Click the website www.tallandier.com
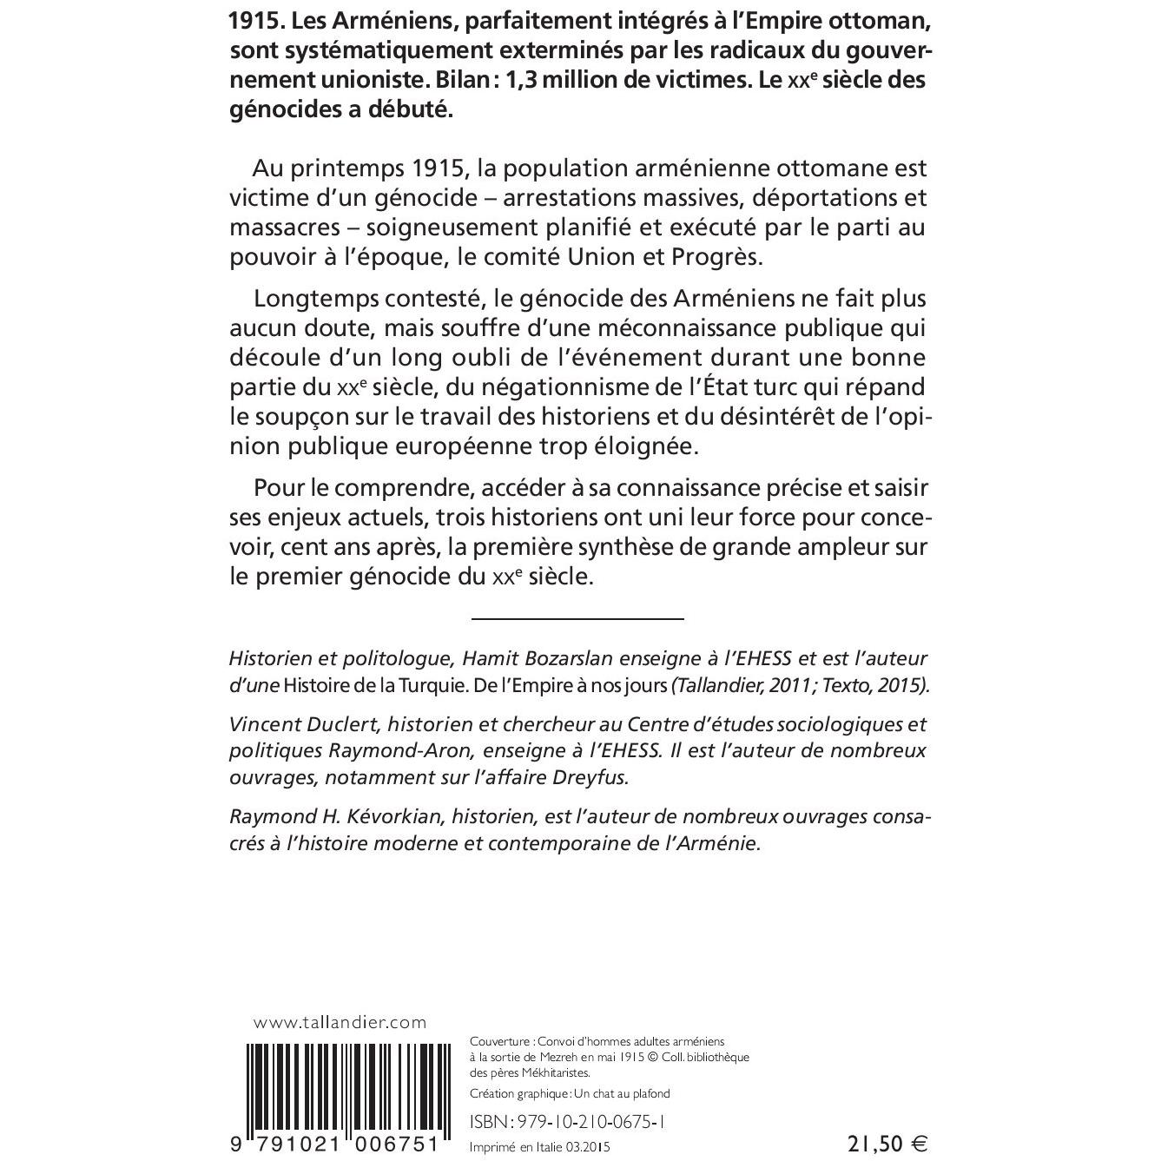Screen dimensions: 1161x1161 click(x=340, y=1023)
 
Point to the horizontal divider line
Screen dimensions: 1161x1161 click(x=577, y=618)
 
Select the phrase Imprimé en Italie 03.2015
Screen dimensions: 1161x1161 click(x=539, y=1147)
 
